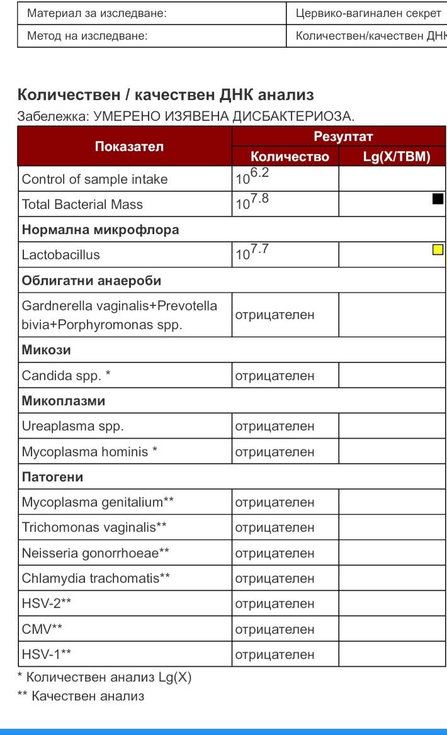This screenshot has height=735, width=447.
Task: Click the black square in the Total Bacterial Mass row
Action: [x=438, y=199]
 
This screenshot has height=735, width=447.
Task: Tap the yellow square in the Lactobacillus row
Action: [x=438, y=250]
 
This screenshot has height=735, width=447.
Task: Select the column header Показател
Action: [x=129, y=147]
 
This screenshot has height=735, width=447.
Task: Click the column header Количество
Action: [x=290, y=157]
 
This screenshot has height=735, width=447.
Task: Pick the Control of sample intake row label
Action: [x=95, y=179]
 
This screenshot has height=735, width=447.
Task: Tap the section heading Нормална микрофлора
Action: [x=101, y=230]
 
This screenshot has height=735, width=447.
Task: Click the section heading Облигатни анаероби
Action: [x=92, y=281]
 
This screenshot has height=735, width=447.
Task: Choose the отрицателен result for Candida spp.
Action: [x=275, y=376]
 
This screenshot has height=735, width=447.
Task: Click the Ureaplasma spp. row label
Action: [x=73, y=426]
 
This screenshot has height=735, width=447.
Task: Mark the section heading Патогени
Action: [x=53, y=477]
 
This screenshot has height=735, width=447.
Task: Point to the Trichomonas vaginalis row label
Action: [x=94, y=527]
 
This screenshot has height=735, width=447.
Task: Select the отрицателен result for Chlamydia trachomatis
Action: [x=275, y=578]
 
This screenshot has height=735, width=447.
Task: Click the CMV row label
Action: [x=42, y=629]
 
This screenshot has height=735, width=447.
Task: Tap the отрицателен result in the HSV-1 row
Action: [x=275, y=654]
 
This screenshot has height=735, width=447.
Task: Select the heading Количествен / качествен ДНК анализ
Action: [x=166, y=95]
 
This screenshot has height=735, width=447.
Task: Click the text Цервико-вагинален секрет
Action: [x=368, y=13]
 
